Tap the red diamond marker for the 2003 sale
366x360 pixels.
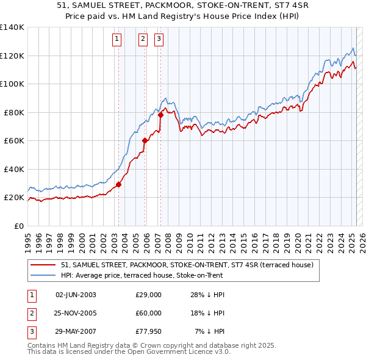[118, 185]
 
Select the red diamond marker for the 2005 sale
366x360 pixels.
[145, 141]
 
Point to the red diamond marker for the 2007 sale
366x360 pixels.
[160, 115]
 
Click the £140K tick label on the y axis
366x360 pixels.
[12, 27]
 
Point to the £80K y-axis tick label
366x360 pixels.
[14, 112]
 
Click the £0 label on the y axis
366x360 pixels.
[18, 226]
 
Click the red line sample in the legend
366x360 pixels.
[43, 265]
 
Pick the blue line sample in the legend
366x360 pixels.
[43, 275]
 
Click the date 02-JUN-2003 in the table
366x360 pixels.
[76, 295]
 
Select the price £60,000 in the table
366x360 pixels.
[148, 313]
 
